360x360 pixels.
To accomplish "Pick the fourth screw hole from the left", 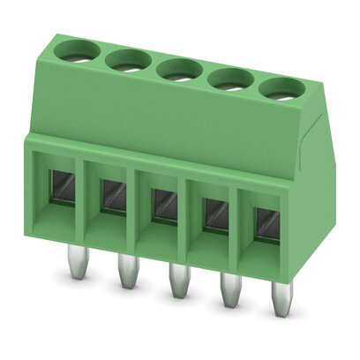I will [x=229, y=78].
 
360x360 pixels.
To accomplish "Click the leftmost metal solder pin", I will [x=79, y=264].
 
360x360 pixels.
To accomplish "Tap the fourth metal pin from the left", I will [x=230, y=294].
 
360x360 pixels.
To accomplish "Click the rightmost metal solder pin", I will [x=281, y=303].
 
